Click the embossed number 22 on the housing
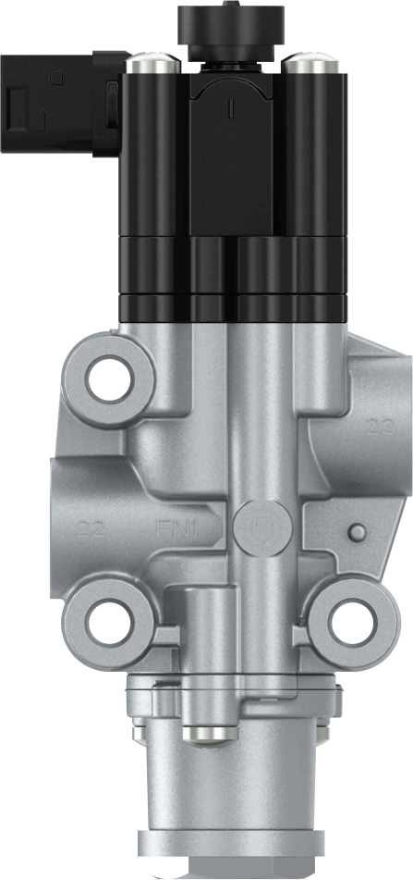(91, 530)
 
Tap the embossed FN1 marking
(178, 530)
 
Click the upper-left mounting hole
(111, 378)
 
